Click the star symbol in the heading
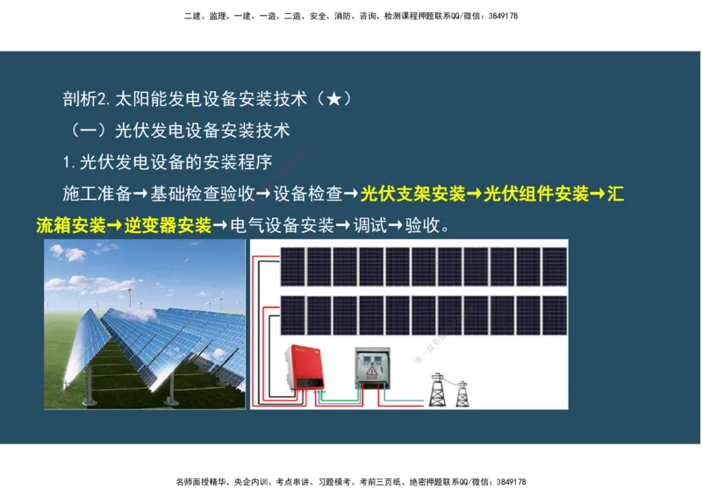pyautogui.click(x=334, y=99)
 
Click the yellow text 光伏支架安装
pyautogui.click(x=412, y=194)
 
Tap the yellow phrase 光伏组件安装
pyautogui.click(x=536, y=194)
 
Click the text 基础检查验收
pyautogui.click(x=202, y=194)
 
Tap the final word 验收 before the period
pyautogui.click(x=423, y=225)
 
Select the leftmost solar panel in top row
pyautogui.click(x=292, y=266)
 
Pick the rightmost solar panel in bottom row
pyautogui.click(x=555, y=315)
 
